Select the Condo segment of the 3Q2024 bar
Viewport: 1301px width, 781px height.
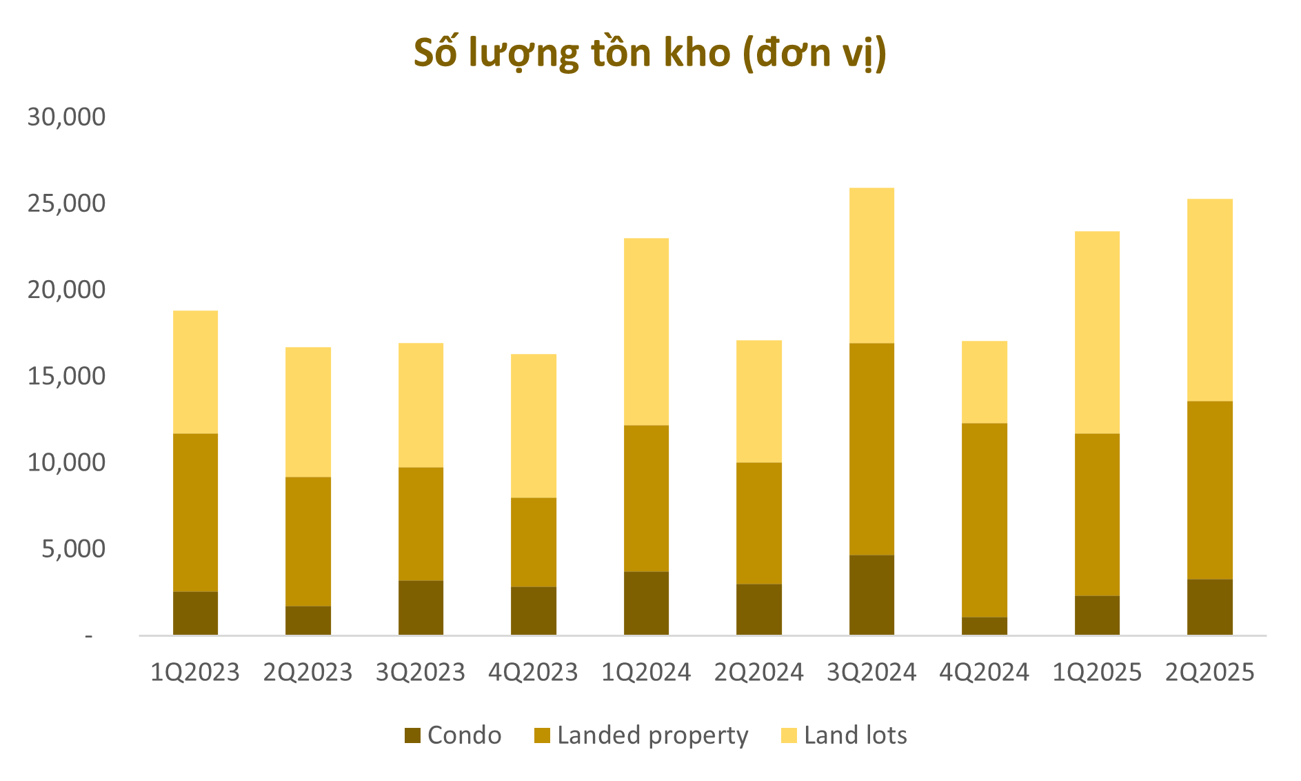[x=871, y=595]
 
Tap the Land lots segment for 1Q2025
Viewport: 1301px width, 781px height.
[x=1097, y=333]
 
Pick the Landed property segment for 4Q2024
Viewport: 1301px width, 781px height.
[x=985, y=520]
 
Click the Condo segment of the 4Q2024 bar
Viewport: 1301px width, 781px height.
[x=985, y=626]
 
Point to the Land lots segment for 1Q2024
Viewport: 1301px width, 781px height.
[x=646, y=332]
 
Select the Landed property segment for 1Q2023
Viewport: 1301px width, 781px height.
[x=195, y=512]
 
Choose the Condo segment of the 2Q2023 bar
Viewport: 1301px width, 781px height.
[x=308, y=620]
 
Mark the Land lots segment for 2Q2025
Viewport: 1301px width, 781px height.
[x=1210, y=300]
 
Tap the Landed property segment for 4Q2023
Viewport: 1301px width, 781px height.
[x=534, y=542]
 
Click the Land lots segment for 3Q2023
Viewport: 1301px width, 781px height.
[x=421, y=405]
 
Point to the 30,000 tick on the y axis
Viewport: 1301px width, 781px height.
[x=66, y=117]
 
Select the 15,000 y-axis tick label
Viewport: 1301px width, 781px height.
[x=66, y=376]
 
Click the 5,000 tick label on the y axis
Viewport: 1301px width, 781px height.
[x=73, y=549]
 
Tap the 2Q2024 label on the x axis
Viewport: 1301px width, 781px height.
[x=759, y=672]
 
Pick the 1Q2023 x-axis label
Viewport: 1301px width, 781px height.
[x=195, y=672]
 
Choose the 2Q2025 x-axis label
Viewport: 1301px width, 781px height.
[x=1210, y=672]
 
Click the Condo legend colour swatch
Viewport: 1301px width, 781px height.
[x=412, y=735]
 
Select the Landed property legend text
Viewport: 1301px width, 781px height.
[x=652, y=735]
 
